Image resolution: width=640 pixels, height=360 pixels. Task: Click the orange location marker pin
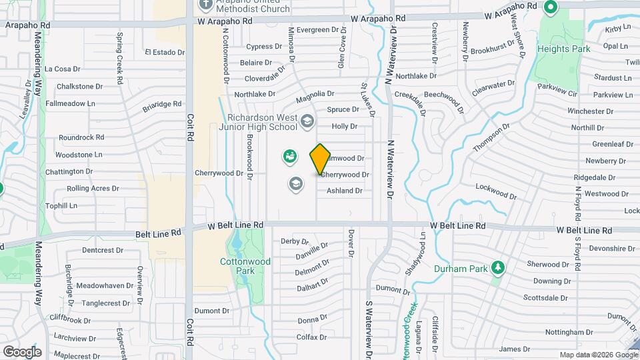click(x=320, y=159)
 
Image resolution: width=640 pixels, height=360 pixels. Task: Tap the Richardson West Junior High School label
click(x=265, y=122)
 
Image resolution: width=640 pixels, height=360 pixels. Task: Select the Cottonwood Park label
click(x=245, y=267)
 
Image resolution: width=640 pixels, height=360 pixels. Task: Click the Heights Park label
click(x=564, y=49)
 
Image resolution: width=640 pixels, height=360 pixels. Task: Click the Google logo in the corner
click(x=22, y=351)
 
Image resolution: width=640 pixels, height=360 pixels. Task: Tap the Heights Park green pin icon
click(x=551, y=8)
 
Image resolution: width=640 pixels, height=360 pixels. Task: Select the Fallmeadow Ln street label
click(x=71, y=103)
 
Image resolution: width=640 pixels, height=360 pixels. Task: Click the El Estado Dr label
click(x=165, y=52)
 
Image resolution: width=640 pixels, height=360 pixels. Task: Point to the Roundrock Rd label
click(x=81, y=137)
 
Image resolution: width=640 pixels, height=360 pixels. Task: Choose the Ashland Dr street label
click(x=344, y=191)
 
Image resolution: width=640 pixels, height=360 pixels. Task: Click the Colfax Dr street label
click(x=311, y=337)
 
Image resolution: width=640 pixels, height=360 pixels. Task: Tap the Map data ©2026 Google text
click(x=599, y=355)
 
